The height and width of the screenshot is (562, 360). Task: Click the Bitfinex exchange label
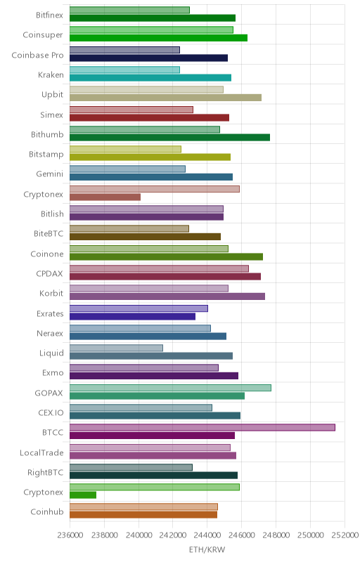(49, 15)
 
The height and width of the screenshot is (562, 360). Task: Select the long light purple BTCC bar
(202, 427)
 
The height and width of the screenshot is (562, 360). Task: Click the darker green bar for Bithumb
(169, 137)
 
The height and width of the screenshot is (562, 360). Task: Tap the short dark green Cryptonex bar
(83, 495)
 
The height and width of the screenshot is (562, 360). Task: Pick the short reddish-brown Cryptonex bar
(105, 197)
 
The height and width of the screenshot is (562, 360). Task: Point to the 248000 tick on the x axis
(276, 535)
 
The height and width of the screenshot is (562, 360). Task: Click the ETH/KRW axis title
(207, 549)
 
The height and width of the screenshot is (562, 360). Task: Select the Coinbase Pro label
(37, 55)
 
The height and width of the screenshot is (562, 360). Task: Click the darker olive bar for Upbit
(165, 98)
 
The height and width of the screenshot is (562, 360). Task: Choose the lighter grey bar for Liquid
(116, 348)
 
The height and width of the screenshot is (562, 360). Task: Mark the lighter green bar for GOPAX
(170, 388)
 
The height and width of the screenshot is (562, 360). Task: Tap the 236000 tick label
(70, 535)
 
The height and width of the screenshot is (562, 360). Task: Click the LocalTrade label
(41, 452)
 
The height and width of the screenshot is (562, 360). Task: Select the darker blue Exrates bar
(132, 317)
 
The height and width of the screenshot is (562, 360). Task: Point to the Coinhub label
(47, 512)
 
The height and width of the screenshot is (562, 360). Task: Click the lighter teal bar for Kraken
(124, 70)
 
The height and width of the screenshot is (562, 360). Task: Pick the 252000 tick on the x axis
(345, 535)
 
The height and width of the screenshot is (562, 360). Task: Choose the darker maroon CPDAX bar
(165, 276)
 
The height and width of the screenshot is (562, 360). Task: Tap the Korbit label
(51, 293)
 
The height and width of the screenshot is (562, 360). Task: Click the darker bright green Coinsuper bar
(158, 38)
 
